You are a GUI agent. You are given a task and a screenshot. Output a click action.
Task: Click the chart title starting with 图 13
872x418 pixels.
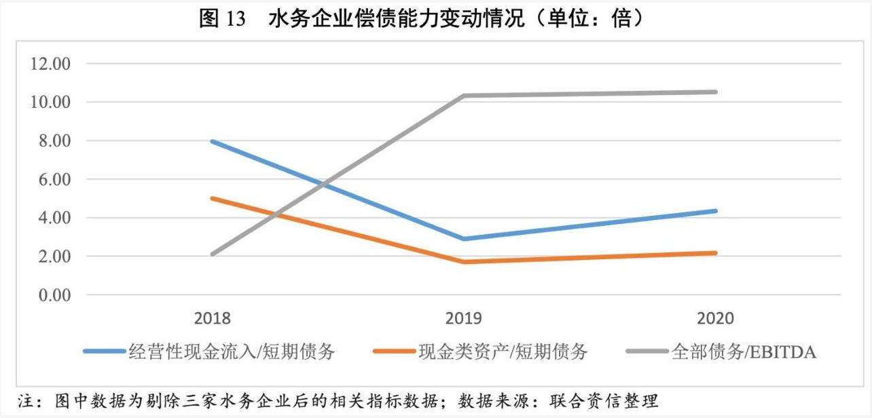point(420,18)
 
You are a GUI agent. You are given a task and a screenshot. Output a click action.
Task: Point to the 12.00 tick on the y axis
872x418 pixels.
point(49,64)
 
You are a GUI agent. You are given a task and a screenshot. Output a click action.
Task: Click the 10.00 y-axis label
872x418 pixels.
point(49,102)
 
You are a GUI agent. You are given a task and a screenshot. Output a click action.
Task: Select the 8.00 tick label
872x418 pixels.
point(52,141)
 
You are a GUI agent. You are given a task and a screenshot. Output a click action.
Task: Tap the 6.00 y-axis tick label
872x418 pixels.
point(52,180)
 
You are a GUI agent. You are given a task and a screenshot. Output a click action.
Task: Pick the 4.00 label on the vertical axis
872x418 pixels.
point(52,218)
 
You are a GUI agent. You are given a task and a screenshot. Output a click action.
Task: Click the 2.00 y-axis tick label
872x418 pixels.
point(52,257)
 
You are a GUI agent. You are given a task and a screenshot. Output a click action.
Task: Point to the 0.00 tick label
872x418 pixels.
point(52,296)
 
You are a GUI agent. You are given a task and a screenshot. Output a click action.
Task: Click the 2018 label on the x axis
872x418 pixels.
point(212,318)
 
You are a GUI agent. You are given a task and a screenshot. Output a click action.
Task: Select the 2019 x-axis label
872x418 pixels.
point(464,318)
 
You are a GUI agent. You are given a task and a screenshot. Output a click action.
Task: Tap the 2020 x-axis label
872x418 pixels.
point(715,318)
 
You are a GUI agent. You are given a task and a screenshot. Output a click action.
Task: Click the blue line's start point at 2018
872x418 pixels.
point(213,141)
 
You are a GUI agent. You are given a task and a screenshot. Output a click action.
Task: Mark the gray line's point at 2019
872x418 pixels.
point(464,96)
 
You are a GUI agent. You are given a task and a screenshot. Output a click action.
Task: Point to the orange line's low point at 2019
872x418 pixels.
point(464,262)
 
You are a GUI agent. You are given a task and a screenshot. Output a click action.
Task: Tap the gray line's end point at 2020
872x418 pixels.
point(715,92)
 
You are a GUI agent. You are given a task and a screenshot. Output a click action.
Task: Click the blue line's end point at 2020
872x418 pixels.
point(715,211)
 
